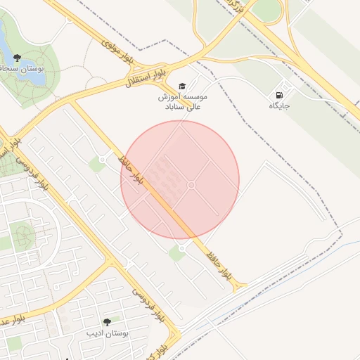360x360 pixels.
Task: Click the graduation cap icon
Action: [183, 85]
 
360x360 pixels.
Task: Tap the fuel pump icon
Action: [280, 95]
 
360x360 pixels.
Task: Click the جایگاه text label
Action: [279, 106]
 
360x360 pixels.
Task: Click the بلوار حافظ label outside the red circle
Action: [217, 264]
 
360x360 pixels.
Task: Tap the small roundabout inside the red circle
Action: [191, 185]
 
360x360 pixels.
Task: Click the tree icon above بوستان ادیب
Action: [107, 321]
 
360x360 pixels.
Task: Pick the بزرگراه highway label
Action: [241, 8]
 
